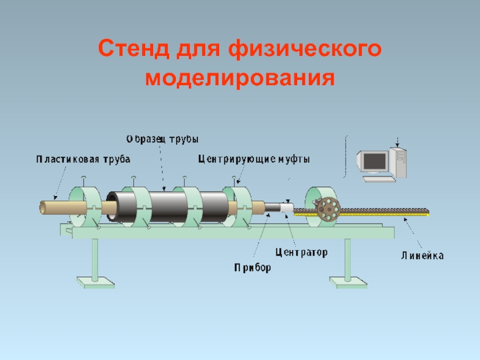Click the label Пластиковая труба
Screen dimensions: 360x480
pyautogui.click(x=83, y=159)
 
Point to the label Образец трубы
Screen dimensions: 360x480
pyautogui.click(x=162, y=139)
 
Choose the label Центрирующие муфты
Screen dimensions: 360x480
pyautogui.click(x=254, y=159)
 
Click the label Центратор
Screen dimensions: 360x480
pyautogui.click(x=301, y=253)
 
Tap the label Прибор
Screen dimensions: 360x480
pyautogui.click(x=253, y=268)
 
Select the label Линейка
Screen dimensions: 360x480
pyautogui.click(x=422, y=256)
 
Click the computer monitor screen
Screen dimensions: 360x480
pyautogui.click(x=373, y=160)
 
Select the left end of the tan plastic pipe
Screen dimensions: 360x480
pyautogui.click(x=43, y=207)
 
